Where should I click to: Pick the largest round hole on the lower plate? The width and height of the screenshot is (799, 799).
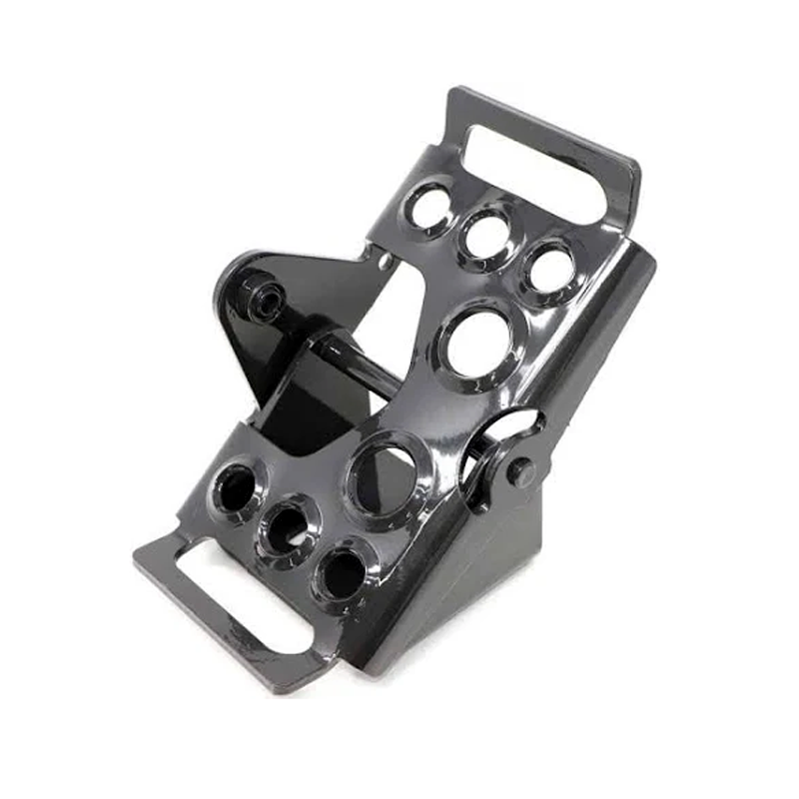tap(385, 478)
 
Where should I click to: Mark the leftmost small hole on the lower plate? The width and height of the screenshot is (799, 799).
tap(237, 489)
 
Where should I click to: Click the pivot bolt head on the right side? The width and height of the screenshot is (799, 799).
tap(520, 472)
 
